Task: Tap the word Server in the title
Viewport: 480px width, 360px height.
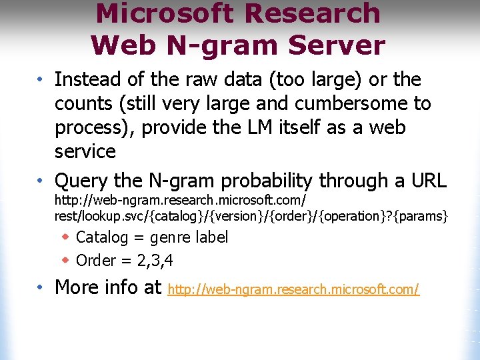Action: point(342,45)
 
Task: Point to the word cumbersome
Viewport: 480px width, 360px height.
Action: point(329,103)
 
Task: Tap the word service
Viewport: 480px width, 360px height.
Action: point(85,151)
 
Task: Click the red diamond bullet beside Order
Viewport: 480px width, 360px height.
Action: point(65,259)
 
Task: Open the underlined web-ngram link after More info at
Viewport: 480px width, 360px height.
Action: point(293,289)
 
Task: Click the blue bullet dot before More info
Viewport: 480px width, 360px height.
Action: point(41,287)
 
